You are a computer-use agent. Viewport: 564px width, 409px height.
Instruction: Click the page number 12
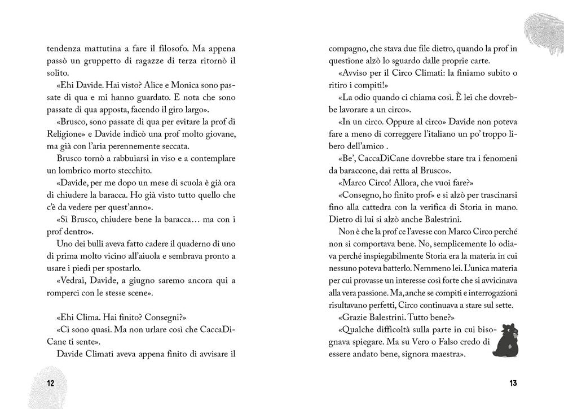tap(50, 384)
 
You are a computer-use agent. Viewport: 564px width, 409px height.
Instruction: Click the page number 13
tap(512, 384)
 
